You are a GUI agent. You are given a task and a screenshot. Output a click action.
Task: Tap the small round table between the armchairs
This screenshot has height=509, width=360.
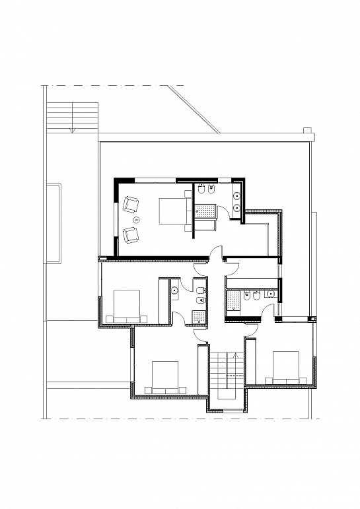137,219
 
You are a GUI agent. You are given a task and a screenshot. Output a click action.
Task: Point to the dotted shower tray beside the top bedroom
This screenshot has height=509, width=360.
205,211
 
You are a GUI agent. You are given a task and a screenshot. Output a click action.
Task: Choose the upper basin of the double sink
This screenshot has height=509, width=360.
236,195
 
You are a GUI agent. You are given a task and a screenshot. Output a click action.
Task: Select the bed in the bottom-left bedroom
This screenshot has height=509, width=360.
162,377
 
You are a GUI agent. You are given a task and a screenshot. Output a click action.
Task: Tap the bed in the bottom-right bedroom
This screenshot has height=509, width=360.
285,366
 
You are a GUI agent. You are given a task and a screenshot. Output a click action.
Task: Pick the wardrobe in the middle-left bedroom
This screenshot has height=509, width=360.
164,300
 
